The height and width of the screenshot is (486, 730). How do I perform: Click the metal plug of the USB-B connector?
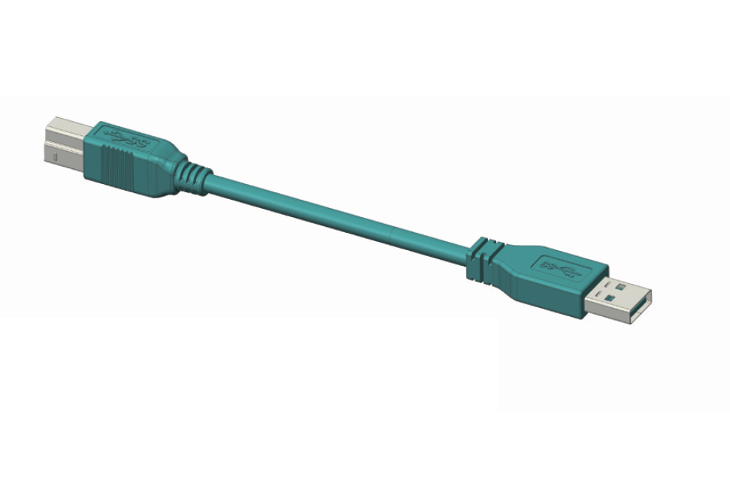[x=63, y=143]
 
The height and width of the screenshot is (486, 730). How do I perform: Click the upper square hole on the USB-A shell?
[x=620, y=286]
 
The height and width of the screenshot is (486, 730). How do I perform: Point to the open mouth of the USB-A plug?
[x=641, y=308]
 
